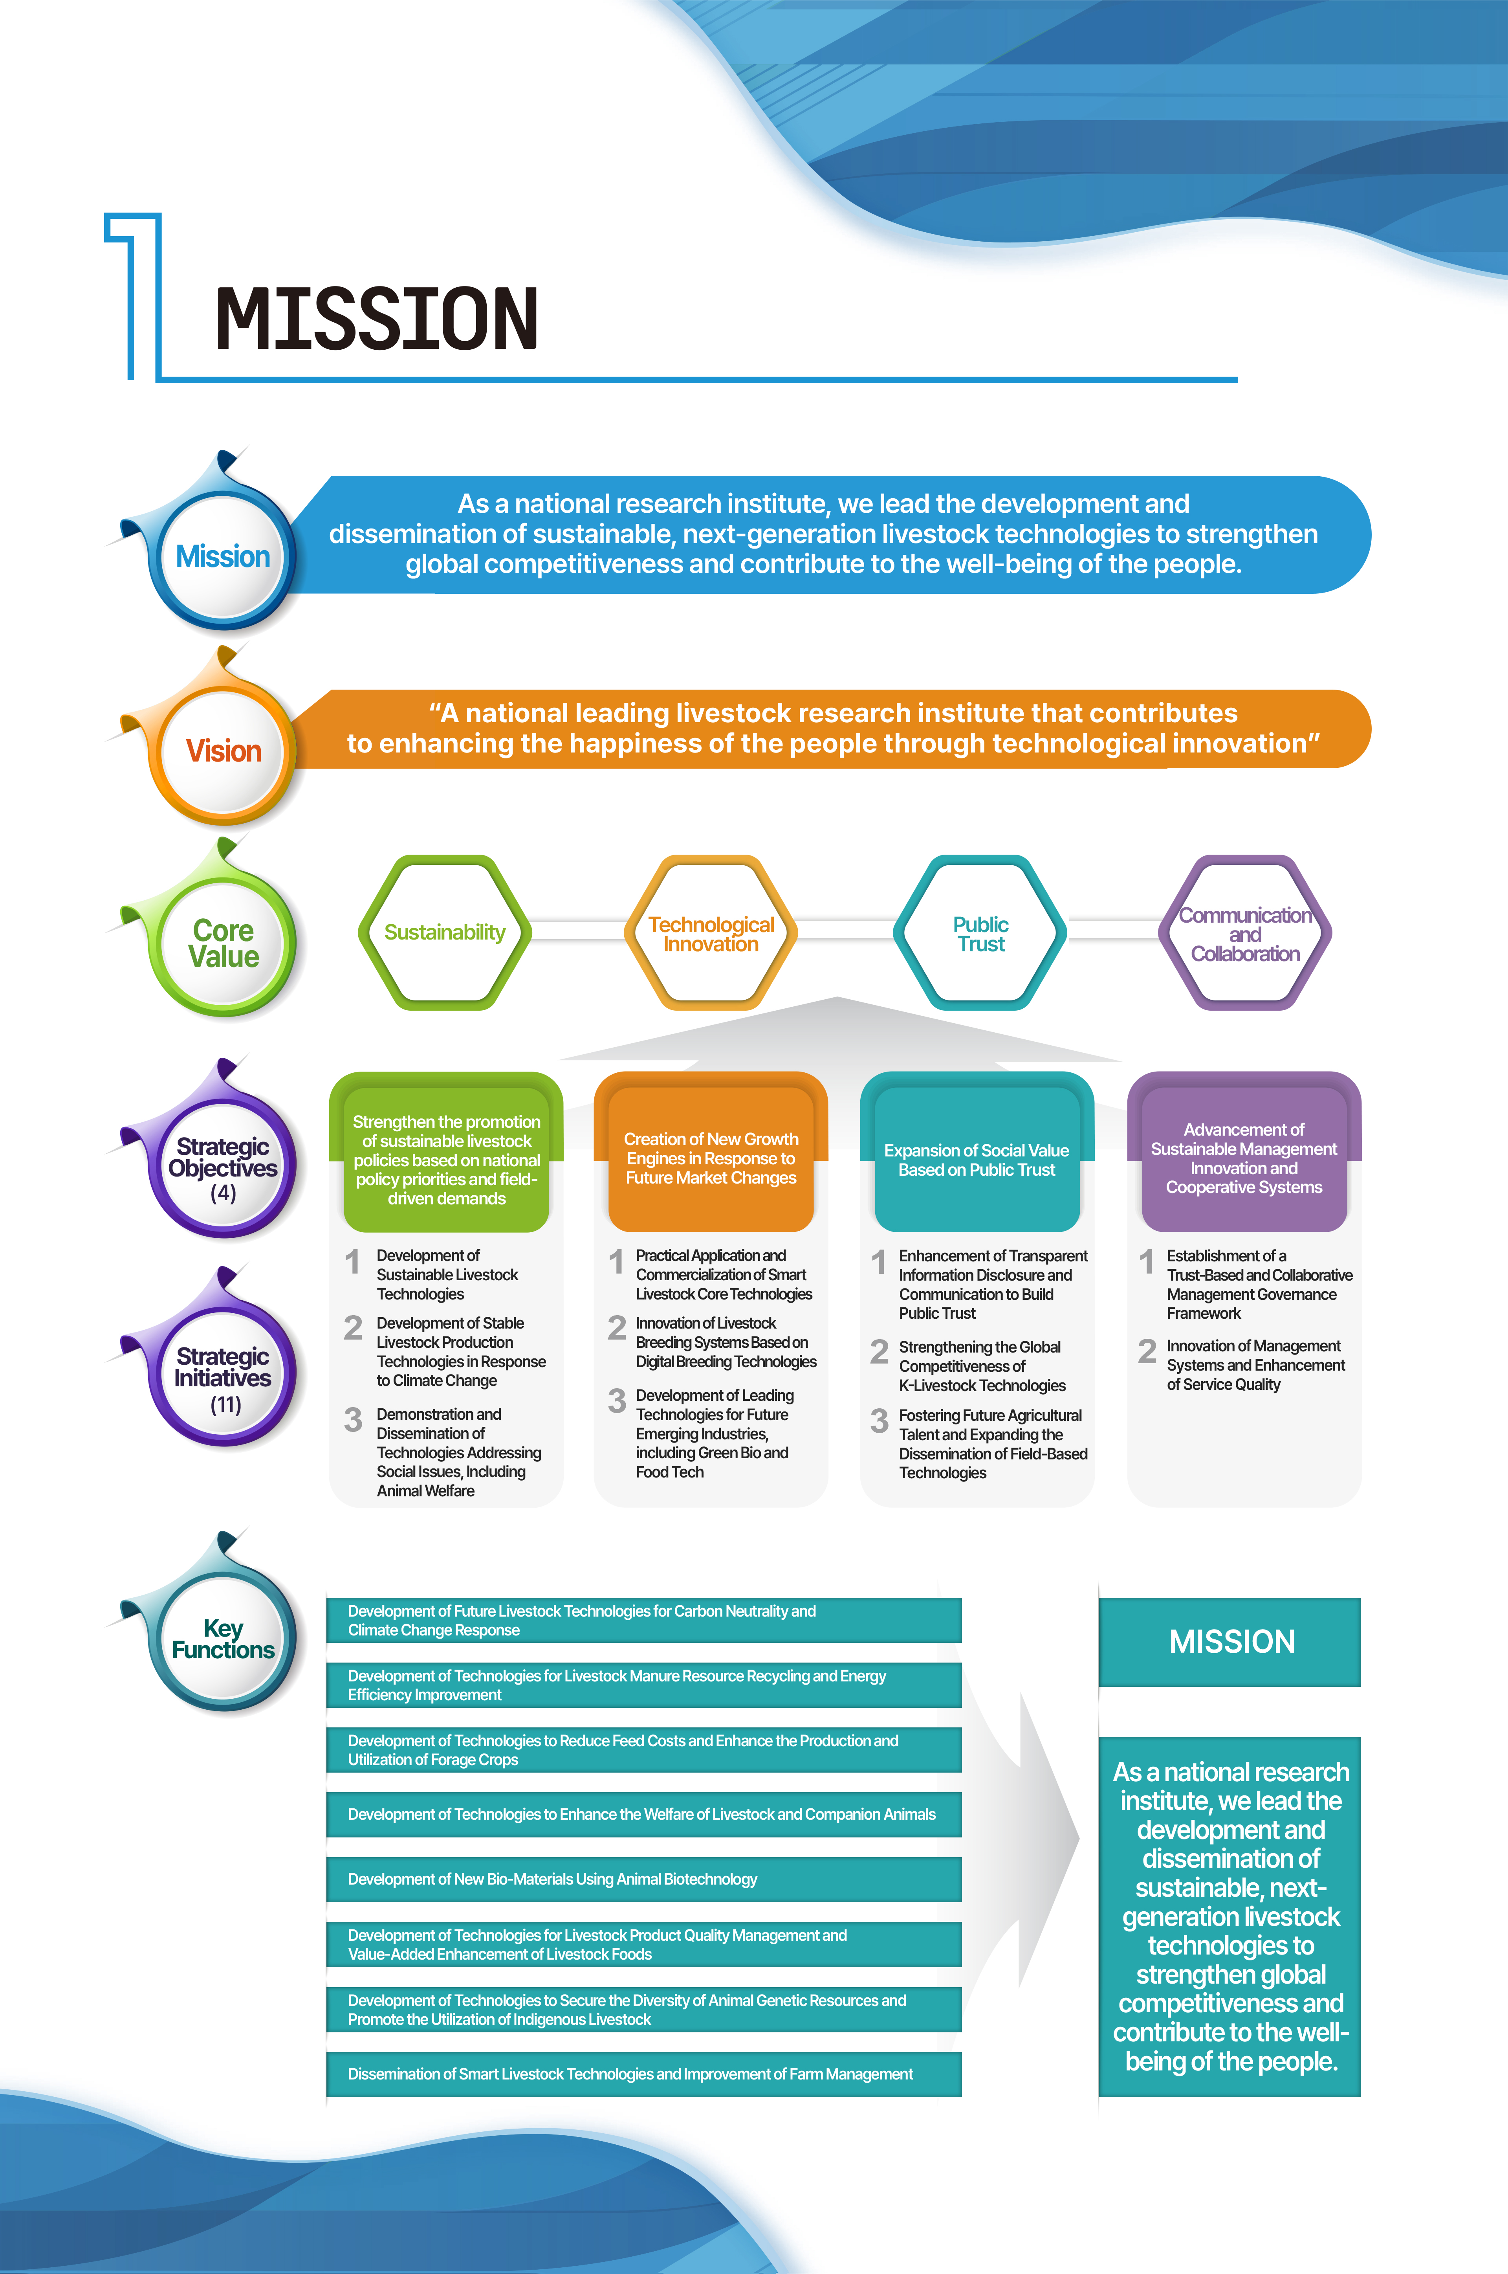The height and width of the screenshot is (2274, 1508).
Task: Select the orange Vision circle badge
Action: click(223, 751)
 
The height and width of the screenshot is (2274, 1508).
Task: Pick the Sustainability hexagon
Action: click(444, 932)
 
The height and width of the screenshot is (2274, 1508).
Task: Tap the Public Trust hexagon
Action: click(980, 932)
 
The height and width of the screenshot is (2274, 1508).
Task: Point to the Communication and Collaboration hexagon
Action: click(1246, 932)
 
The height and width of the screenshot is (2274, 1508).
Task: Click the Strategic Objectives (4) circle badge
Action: click(223, 1166)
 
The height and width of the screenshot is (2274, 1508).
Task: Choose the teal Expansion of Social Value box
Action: click(977, 1158)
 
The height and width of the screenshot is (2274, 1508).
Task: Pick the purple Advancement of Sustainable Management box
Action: click(1244, 1158)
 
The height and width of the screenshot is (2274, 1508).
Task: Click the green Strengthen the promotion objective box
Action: click(446, 1158)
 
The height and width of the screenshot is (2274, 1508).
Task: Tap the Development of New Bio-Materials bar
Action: click(644, 1879)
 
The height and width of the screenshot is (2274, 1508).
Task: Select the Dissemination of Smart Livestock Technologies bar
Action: click(644, 2074)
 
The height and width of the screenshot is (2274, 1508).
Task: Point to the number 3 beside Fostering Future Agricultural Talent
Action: click(879, 1421)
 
